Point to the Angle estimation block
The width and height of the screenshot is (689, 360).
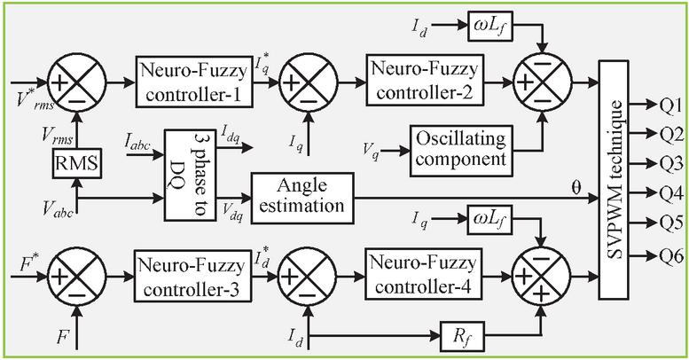[298, 193]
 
